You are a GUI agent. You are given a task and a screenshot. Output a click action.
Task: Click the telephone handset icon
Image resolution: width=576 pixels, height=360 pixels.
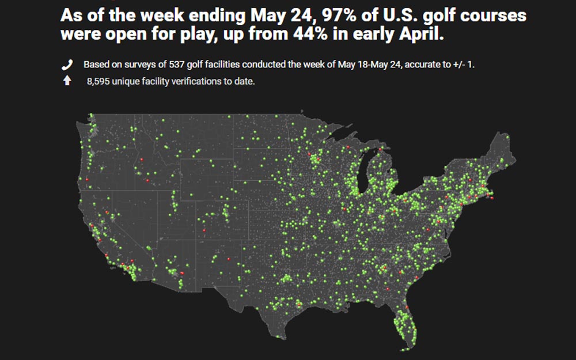67,65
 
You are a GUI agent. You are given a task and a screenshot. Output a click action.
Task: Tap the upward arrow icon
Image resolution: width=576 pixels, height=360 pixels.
67,81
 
